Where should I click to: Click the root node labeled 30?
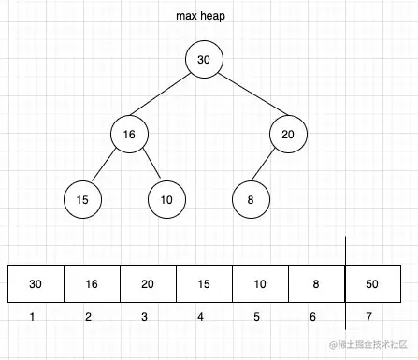click(x=204, y=60)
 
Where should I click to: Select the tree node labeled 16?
click(x=129, y=135)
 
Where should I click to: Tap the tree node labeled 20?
click(x=288, y=135)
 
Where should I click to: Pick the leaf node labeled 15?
click(x=82, y=199)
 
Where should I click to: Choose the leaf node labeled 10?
click(x=166, y=199)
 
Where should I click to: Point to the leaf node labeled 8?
click(x=251, y=199)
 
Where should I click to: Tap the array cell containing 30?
click(x=36, y=284)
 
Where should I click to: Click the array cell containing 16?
click(x=92, y=284)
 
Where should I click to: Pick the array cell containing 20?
click(x=148, y=284)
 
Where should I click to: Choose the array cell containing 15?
click(x=204, y=284)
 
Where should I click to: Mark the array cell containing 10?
click(x=260, y=284)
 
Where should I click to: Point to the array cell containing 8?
click(x=316, y=284)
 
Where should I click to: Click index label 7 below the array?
click(x=371, y=318)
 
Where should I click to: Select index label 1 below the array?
click(x=33, y=318)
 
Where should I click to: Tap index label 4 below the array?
click(x=200, y=318)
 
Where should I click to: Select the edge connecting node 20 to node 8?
click(x=269, y=166)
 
